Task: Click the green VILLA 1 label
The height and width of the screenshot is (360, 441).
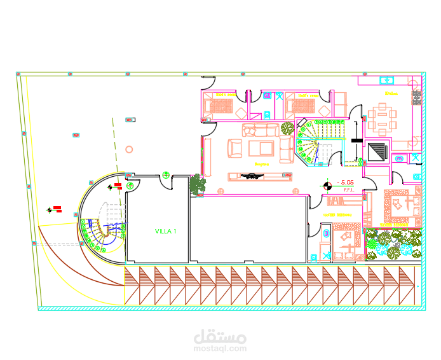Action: (x=166, y=232)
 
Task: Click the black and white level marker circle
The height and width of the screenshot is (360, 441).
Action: (x=327, y=186)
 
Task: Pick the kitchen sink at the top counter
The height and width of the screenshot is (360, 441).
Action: (x=386, y=81)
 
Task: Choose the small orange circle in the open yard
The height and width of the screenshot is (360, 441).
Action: (x=129, y=149)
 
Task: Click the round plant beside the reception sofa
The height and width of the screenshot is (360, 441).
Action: (x=287, y=128)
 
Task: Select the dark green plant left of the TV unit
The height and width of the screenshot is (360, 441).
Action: (x=198, y=184)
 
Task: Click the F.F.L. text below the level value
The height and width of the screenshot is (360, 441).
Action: (x=349, y=190)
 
